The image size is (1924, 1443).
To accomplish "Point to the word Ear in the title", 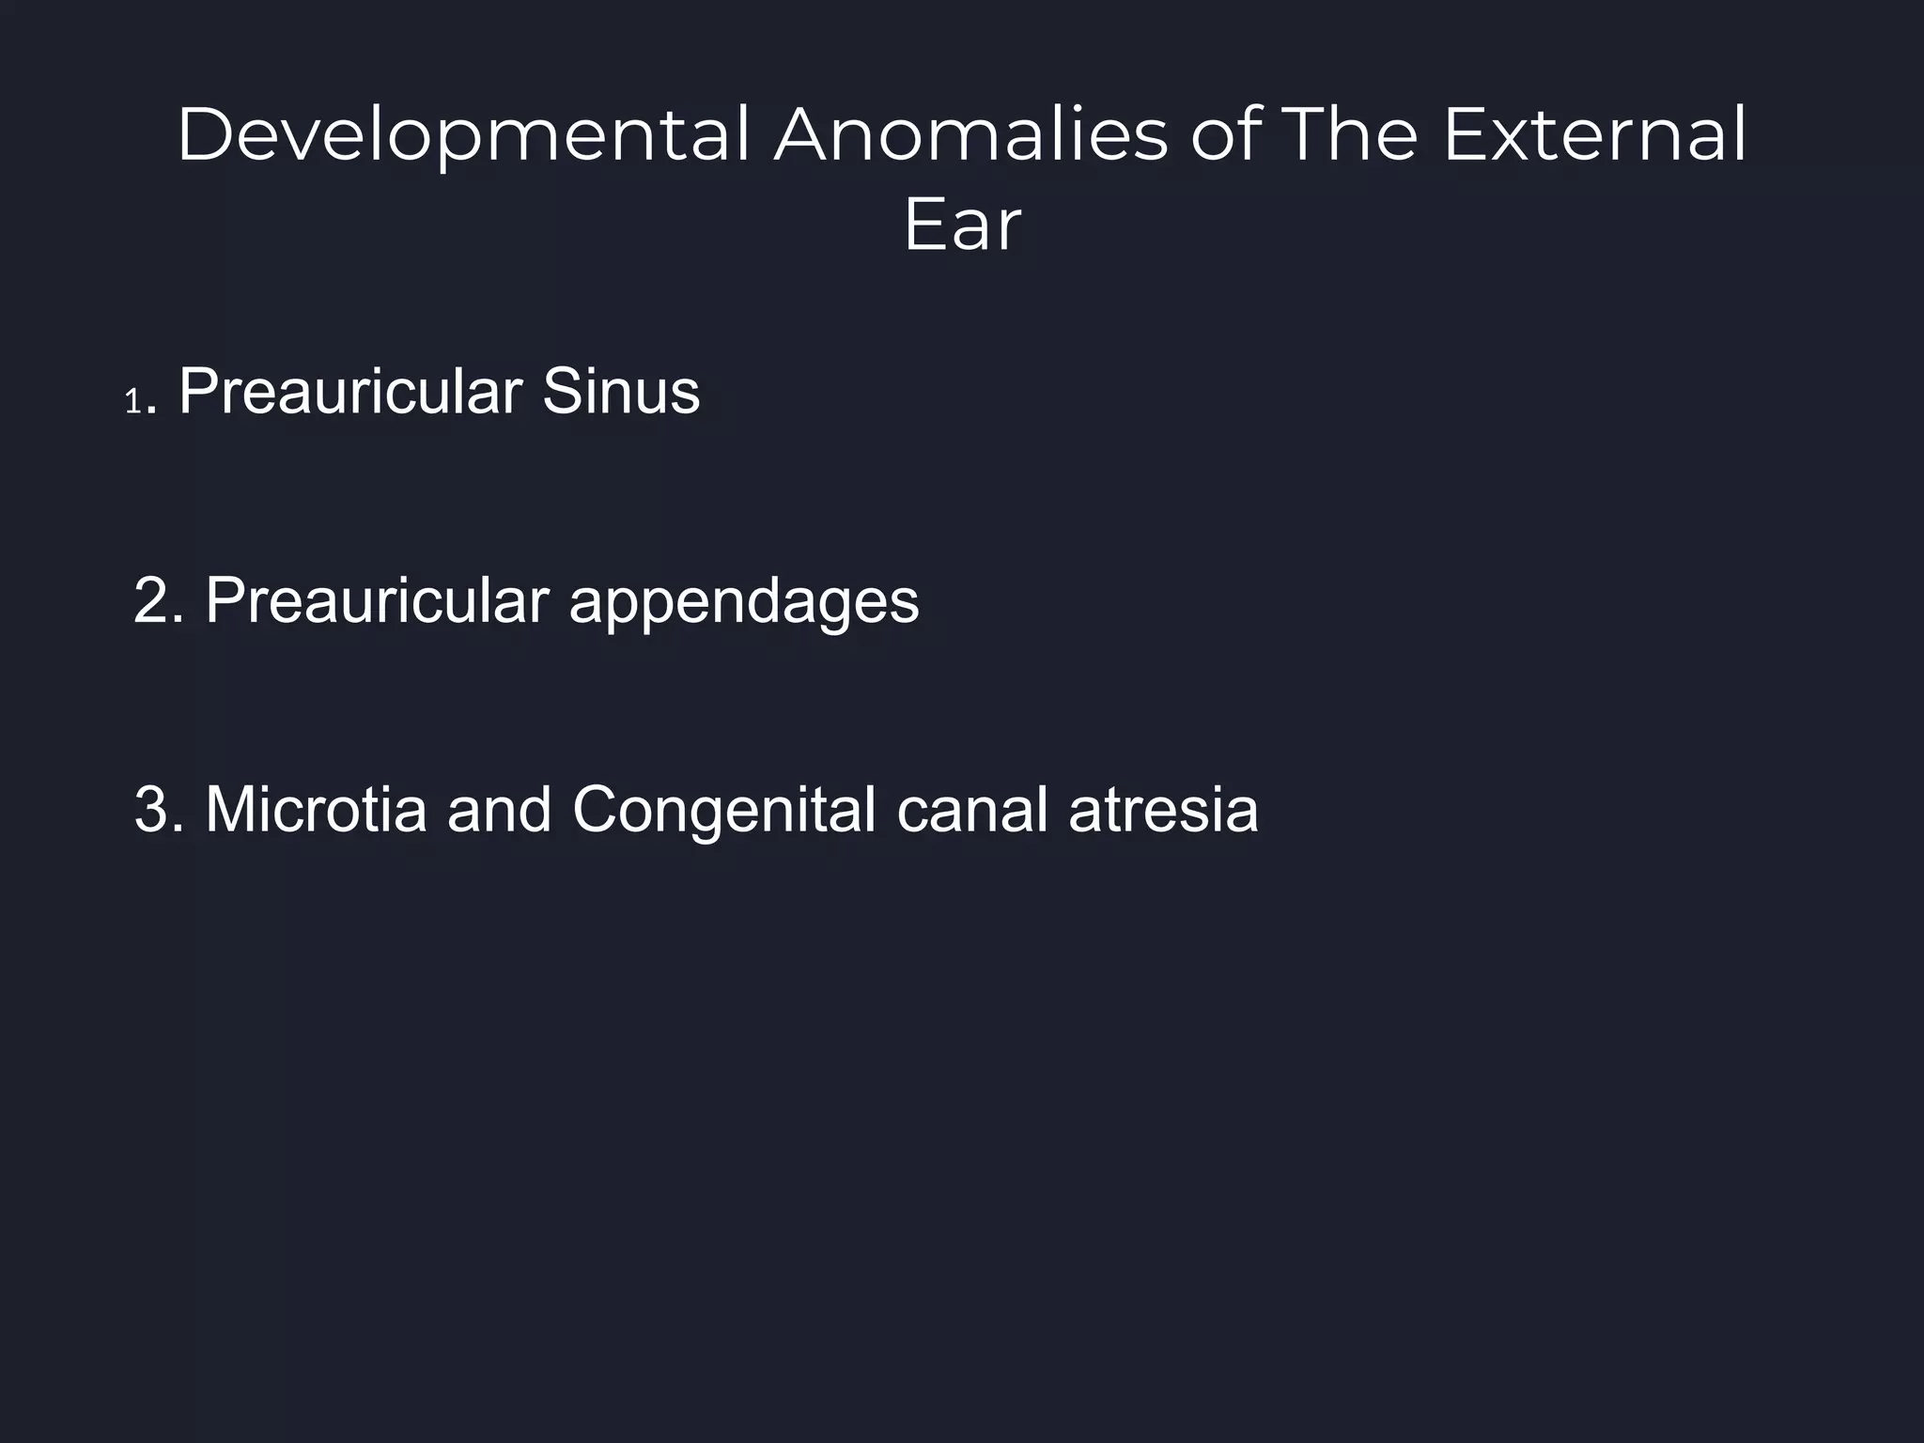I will pos(961,225).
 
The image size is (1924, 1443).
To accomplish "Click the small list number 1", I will pos(132,403).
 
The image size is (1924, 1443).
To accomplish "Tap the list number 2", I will pos(153,601).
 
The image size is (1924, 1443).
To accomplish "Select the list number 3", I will pos(153,810).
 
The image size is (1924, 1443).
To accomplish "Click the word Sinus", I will pos(620,392).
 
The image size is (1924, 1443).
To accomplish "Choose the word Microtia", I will pos(316,810).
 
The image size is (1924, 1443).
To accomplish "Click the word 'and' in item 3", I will pos(499,810).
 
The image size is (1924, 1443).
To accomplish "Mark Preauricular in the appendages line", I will pos(377,601).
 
